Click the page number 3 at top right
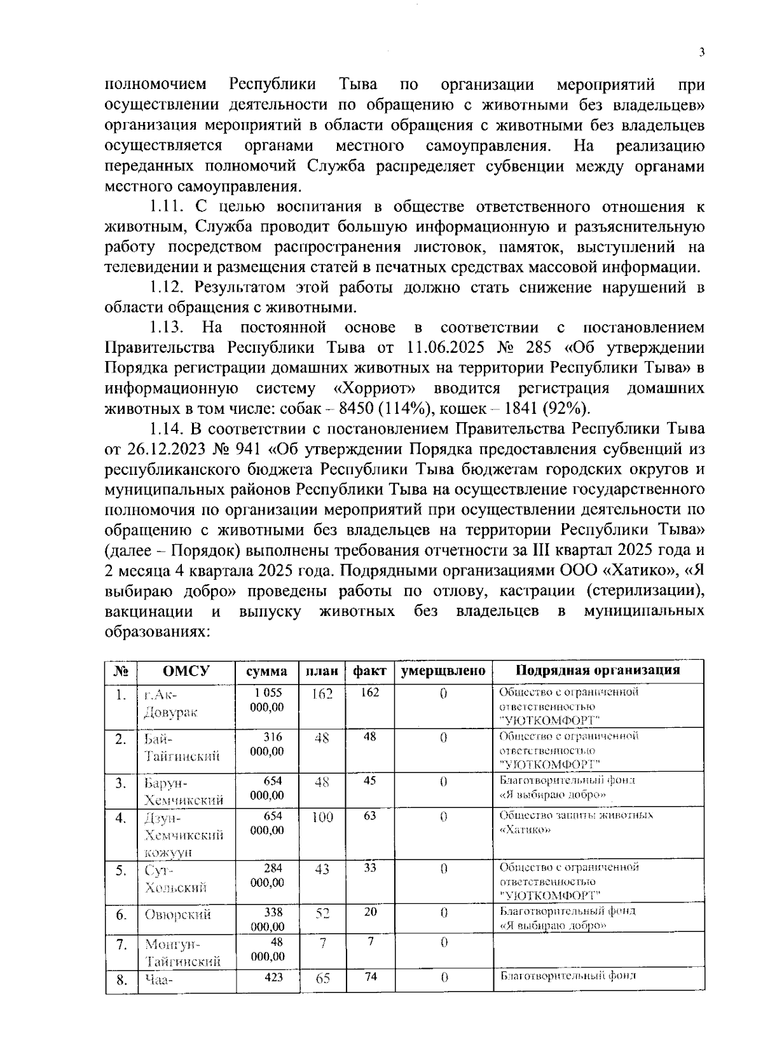coord(701,53)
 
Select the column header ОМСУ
coord(186,671)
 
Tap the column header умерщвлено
coord(443,671)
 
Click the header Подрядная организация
coord(598,670)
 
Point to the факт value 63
coord(369,816)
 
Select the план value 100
coord(322,817)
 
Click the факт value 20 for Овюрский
coord(369,912)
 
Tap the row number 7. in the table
coord(121,944)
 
